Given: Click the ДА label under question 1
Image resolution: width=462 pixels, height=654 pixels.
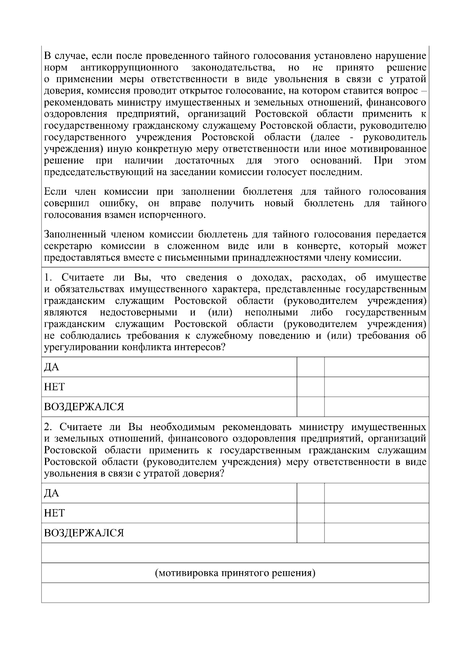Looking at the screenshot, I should click(x=52, y=367).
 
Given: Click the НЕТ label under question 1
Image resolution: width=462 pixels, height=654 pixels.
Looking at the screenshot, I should click(x=54, y=387).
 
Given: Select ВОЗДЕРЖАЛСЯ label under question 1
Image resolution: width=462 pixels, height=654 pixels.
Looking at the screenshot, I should click(x=84, y=407).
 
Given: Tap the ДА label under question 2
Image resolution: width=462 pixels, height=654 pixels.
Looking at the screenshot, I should click(x=52, y=493).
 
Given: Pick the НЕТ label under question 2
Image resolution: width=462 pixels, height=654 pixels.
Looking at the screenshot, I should click(x=54, y=513).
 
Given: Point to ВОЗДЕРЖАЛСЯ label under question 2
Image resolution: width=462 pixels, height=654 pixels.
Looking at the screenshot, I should click(x=84, y=533).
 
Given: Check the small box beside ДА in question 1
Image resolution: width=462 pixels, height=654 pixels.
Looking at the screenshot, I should click(x=311, y=367).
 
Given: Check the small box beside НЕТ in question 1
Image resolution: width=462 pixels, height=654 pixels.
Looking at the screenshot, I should click(x=311, y=387).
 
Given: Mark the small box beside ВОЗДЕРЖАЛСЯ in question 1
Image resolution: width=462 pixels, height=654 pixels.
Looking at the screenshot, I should click(x=311, y=407).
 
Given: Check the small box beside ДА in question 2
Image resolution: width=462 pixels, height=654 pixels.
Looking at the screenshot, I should click(x=311, y=493).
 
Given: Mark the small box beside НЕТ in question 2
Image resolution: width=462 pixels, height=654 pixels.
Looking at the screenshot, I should click(x=311, y=513).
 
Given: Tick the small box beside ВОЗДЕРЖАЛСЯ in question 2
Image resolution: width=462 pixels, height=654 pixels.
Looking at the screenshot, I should click(x=311, y=533).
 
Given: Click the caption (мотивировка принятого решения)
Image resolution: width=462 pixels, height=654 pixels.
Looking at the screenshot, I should click(x=235, y=573).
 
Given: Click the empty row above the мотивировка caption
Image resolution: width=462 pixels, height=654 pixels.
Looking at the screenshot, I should click(x=235, y=553).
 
